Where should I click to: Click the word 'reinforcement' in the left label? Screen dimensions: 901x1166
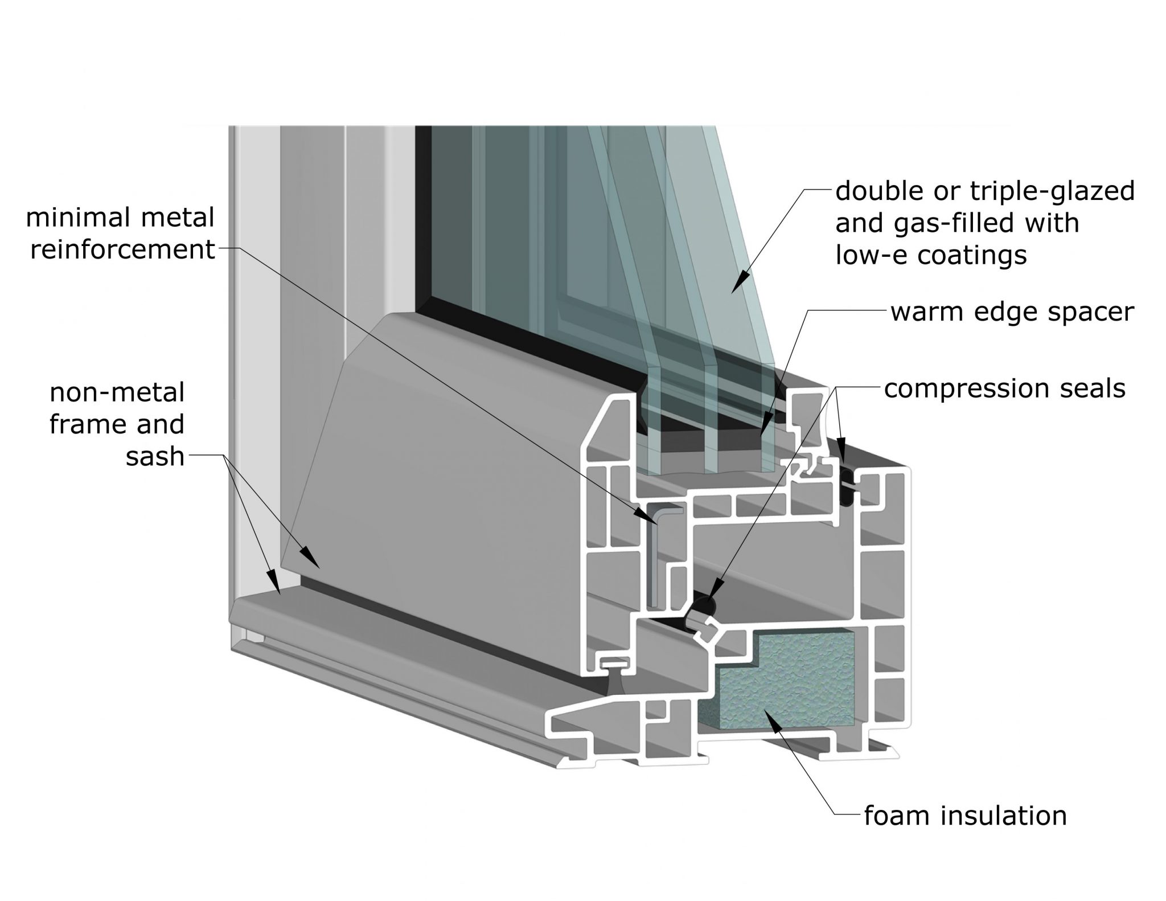pos(122,249)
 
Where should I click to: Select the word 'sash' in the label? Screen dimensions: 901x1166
pos(155,456)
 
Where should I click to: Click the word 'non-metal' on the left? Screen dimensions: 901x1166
pos(117,392)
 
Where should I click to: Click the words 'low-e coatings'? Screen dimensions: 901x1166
pos(931,255)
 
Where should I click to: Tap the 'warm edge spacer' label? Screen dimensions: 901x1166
pos(1012,312)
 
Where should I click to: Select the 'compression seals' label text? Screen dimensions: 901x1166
pos(1004,389)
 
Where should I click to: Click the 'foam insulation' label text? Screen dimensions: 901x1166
pos(965,816)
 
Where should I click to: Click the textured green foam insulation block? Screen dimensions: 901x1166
pos(797,683)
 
